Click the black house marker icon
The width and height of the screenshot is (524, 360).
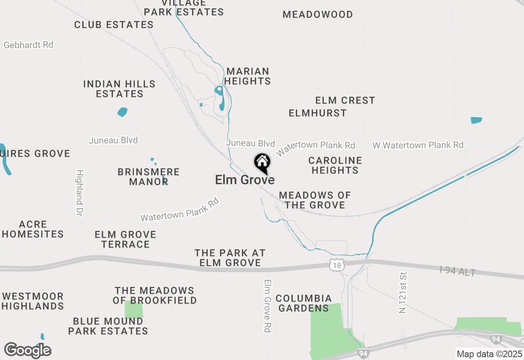click(x=262, y=162)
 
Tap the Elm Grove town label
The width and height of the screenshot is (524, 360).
click(x=245, y=180)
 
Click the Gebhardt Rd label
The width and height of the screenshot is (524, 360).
click(x=29, y=45)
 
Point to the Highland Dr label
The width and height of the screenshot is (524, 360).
click(x=79, y=193)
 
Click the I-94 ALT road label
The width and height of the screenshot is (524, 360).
click(x=458, y=271)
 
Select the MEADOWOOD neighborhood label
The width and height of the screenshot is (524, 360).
click(x=318, y=15)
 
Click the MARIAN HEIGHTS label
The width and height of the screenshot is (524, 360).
click(x=248, y=76)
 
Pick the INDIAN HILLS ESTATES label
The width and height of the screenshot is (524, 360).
click(x=120, y=89)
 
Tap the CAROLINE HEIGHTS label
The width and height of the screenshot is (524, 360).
click(x=335, y=165)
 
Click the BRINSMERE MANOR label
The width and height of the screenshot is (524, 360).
click(x=149, y=177)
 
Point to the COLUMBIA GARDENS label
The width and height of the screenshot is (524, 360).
click(x=303, y=303)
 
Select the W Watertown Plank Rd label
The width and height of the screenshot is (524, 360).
click(x=418, y=145)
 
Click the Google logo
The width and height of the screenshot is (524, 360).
click(x=28, y=350)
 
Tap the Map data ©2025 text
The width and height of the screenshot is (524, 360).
click(x=489, y=354)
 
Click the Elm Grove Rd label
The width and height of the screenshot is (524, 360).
click(x=268, y=306)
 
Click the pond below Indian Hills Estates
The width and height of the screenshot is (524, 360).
click(x=122, y=112)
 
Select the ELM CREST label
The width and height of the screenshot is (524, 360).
click(x=345, y=100)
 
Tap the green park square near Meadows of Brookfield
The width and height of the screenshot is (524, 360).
click(x=134, y=310)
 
